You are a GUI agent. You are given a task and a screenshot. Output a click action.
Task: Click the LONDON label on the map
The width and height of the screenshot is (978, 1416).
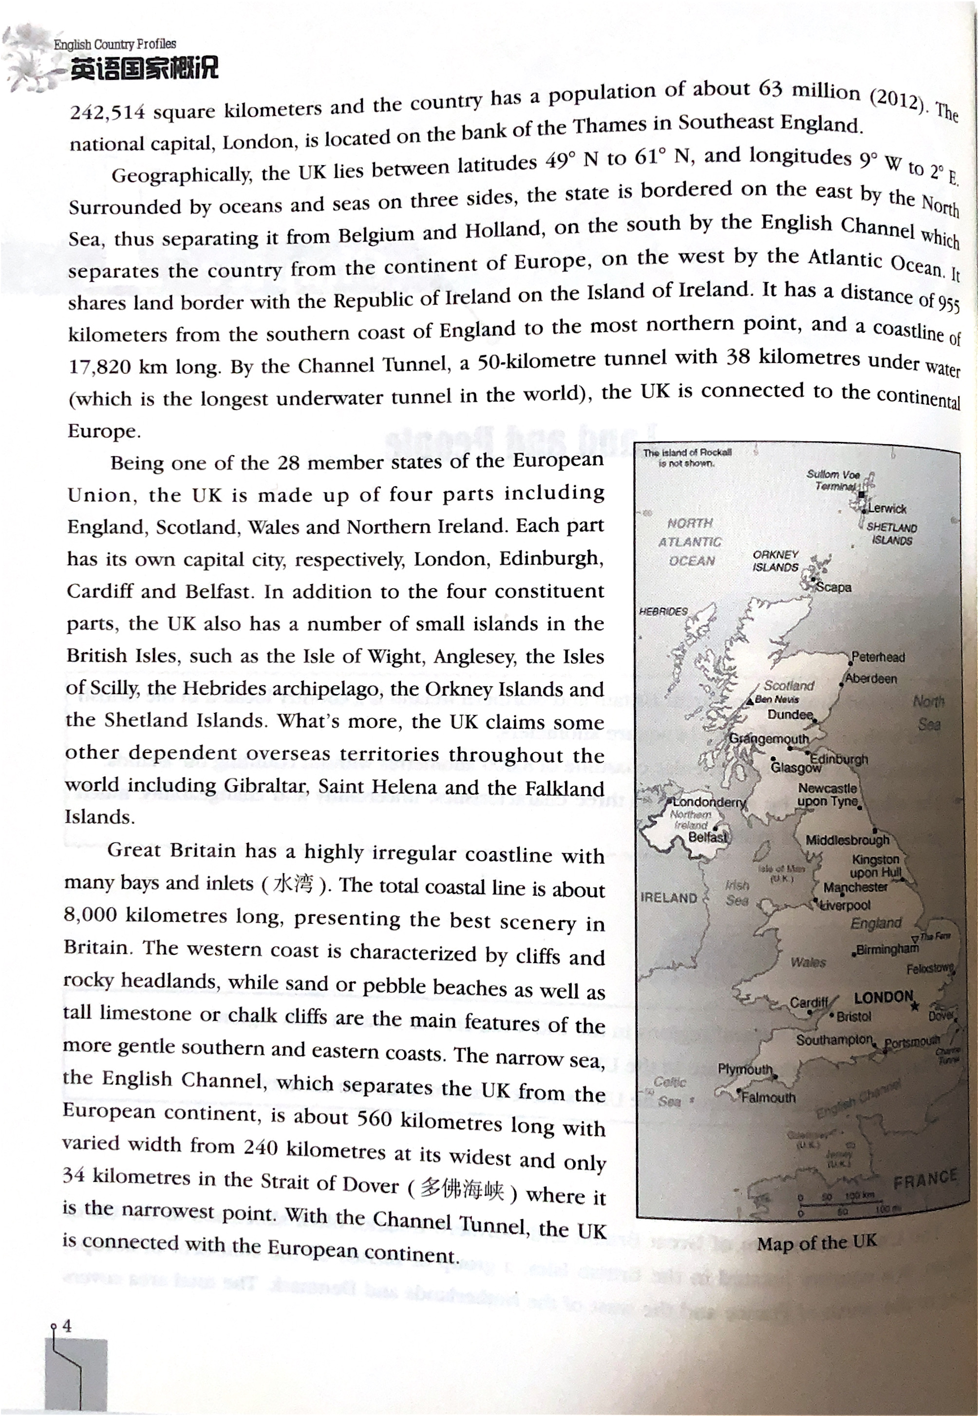click(x=883, y=997)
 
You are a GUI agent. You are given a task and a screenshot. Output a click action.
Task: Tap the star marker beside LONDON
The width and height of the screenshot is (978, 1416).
click(x=915, y=1005)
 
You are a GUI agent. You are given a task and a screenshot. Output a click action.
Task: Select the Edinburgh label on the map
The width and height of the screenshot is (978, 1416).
click(x=839, y=759)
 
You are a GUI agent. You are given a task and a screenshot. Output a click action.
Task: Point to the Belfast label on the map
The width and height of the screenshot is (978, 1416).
click(x=708, y=837)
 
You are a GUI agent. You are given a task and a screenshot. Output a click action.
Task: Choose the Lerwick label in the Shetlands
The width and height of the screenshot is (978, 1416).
click(x=887, y=509)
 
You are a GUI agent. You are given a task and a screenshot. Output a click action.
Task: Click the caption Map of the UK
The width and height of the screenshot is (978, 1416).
click(x=816, y=1243)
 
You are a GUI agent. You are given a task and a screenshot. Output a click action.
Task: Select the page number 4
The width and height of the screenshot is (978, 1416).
click(x=67, y=1325)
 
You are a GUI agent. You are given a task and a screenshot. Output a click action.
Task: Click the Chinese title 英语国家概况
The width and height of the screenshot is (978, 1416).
click(x=145, y=69)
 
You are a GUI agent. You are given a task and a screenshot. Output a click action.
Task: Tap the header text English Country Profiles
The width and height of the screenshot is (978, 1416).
click(x=114, y=44)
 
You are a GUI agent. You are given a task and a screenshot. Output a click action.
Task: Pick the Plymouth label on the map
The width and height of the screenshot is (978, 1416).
click(x=745, y=1069)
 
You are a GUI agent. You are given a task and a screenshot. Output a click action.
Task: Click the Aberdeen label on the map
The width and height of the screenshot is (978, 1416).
click(x=871, y=678)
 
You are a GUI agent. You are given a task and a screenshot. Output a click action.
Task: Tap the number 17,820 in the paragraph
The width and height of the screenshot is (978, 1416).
click(x=100, y=367)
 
